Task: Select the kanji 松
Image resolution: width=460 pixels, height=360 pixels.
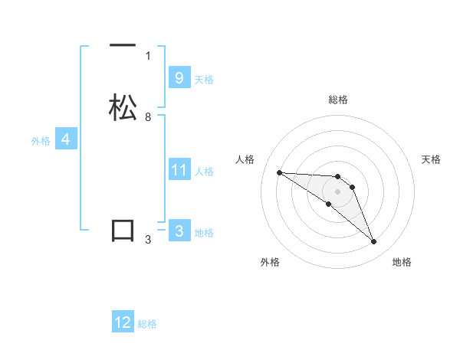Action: (x=123, y=107)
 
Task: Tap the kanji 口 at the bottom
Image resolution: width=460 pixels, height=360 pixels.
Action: (x=123, y=231)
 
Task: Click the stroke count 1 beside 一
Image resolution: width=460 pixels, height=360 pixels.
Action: (x=148, y=56)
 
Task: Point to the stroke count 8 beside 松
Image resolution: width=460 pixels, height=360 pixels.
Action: (x=148, y=117)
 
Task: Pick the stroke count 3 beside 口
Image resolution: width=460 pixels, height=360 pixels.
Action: (x=148, y=240)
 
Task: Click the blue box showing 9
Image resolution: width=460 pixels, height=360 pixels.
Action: (x=179, y=78)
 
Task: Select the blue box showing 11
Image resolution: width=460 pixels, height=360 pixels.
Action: (x=179, y=169)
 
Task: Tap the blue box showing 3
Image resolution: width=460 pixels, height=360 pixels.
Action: (x=179, y=231)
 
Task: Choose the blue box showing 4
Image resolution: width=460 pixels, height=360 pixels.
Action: (x=65, y=139)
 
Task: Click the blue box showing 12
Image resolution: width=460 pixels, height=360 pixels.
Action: (x=123, y=322)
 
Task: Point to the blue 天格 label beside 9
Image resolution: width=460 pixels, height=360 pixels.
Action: (x=204, y=80)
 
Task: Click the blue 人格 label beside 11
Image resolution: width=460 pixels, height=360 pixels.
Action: (x=204, y=171)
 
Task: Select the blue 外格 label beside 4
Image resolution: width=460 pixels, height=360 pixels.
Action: (x=41, y=141)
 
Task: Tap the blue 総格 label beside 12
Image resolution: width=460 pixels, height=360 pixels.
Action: (x=147, y=324)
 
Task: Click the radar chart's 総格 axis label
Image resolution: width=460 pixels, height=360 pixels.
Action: (x=337, y=100)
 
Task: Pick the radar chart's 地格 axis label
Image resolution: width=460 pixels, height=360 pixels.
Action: (x=402, y=262)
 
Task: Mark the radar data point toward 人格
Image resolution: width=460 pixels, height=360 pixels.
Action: (x=279, y=172)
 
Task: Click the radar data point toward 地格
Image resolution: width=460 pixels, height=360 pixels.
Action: (x=373, y=242)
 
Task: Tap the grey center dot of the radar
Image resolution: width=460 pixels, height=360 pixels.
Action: (x=337, y=191)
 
